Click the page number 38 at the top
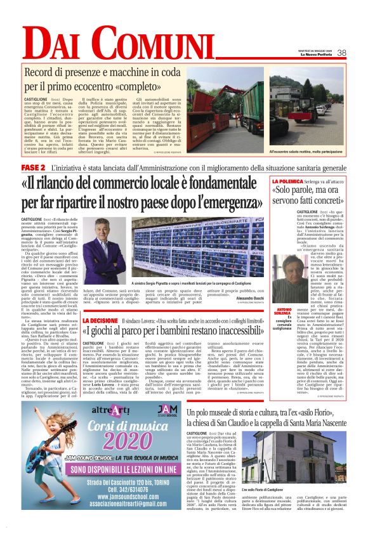(x=341, y=53)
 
